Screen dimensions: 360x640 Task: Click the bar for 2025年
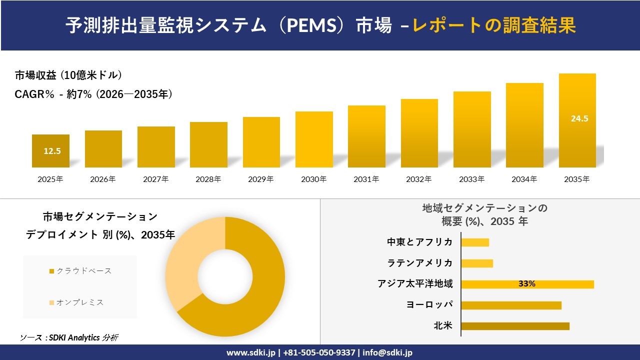click(50, 150)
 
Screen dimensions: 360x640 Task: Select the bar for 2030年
click(314, 139)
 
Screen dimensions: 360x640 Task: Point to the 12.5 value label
click(52, 151)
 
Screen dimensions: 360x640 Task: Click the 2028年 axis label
click(208, 179)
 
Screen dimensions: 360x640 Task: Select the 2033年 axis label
click(472, 179)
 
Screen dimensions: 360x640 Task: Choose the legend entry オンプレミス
click(79, 302)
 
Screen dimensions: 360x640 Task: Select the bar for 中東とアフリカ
click(475, 242)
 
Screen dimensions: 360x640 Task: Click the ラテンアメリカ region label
click(420, 263)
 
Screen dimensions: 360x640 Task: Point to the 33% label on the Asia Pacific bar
click(526, 284)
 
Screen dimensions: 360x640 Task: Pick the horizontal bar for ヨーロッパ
click(511, 305)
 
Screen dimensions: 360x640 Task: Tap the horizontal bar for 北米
click(515, 326)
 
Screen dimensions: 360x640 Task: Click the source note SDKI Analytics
click(69, 338)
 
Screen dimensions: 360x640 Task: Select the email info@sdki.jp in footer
click(387, 352)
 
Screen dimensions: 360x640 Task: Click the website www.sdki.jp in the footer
click(250, 352)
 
